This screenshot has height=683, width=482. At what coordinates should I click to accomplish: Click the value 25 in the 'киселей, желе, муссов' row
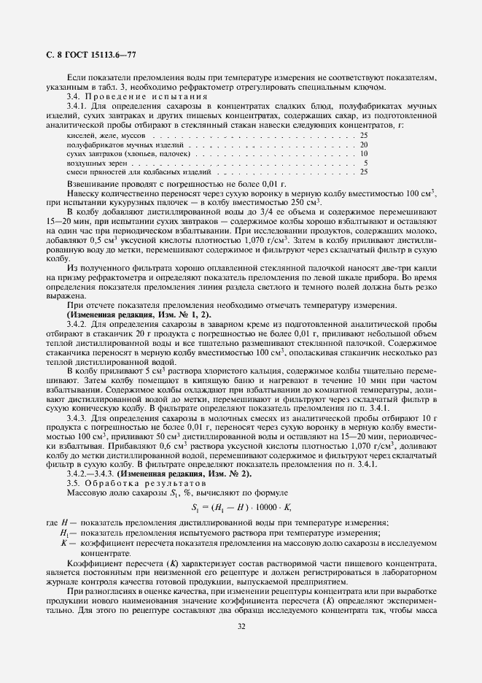(363, 136)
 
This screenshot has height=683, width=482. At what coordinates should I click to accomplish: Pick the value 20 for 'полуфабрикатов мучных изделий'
(363, 145)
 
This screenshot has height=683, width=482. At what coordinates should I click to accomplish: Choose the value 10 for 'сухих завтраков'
(363, 154)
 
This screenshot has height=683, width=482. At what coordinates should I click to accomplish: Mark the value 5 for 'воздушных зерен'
(365, 163)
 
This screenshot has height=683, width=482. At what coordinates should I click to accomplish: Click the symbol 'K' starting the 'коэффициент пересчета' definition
(64, 543)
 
